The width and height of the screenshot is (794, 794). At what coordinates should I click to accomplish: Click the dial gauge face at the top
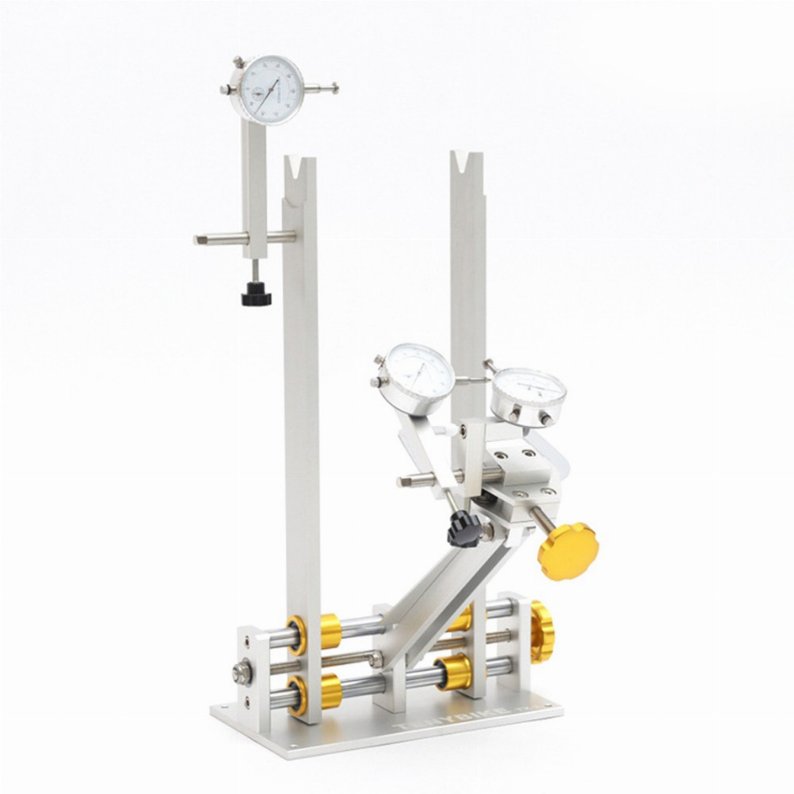tap(268, 90)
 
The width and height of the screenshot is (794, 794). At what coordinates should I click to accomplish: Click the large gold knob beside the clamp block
tap(566, 551)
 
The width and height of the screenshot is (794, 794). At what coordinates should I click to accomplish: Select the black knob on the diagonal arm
tap(462, 530)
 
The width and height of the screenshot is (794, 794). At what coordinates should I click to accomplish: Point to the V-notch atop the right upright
tap(465, 164)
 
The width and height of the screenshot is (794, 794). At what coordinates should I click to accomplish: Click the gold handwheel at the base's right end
tap(541, 632)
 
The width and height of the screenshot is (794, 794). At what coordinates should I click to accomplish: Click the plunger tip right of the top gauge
tap(333, 90)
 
